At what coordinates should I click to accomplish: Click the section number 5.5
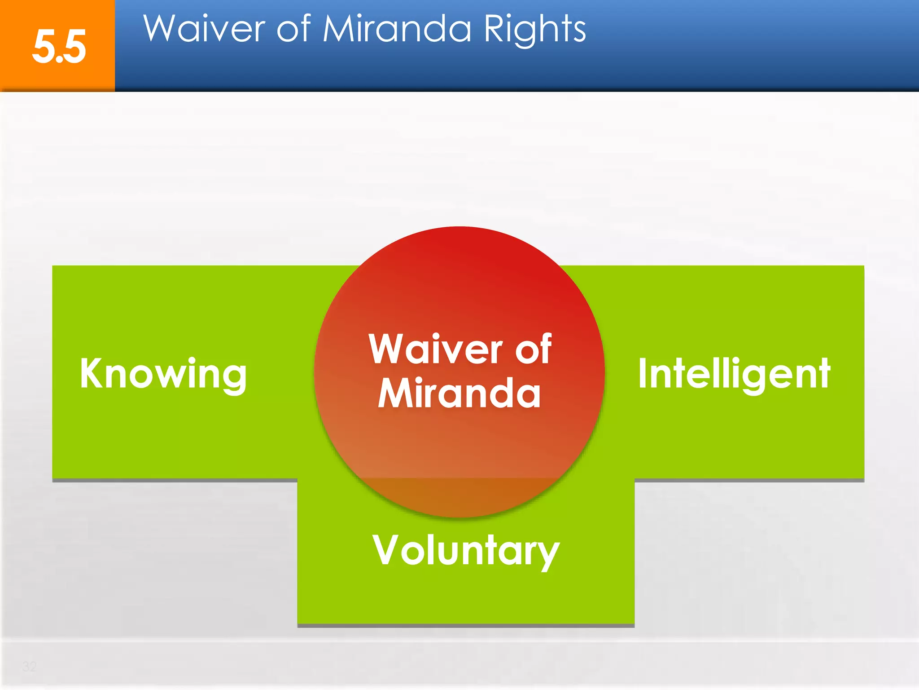59,47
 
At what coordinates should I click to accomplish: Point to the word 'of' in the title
293,29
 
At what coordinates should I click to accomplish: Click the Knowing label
163,374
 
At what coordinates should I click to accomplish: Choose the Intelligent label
734,374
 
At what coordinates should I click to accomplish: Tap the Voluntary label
466,551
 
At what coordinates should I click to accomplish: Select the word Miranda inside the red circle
459,394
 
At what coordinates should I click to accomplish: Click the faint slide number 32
30,666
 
